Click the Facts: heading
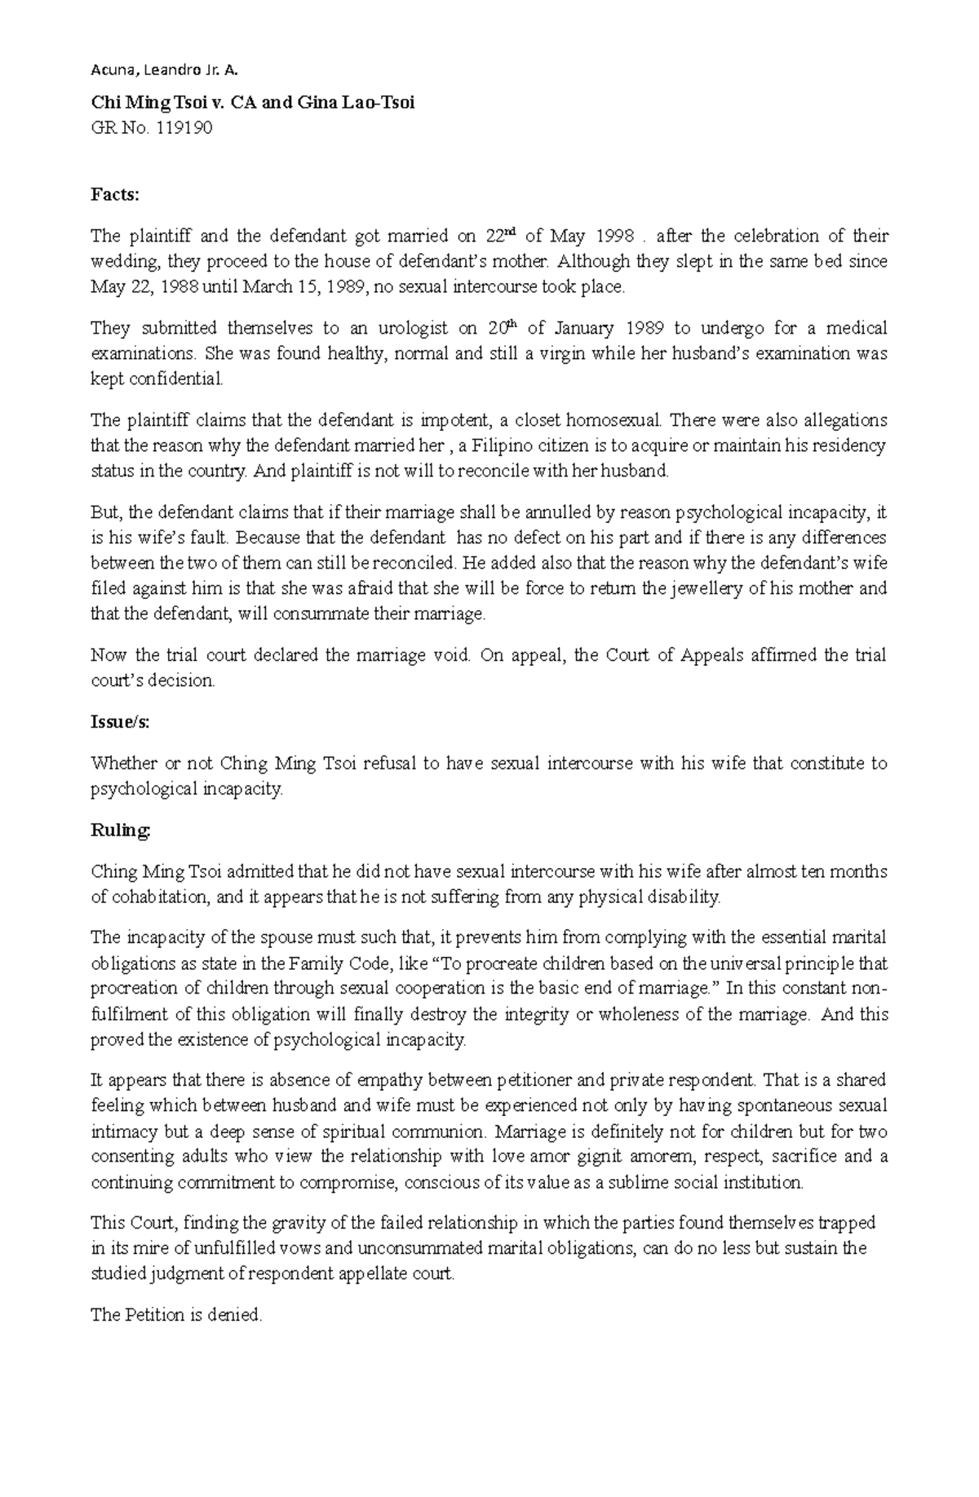coord(115,194)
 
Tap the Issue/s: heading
coord(120,721)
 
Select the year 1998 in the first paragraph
coord(614,237)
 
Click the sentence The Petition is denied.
coord(176,1314)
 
